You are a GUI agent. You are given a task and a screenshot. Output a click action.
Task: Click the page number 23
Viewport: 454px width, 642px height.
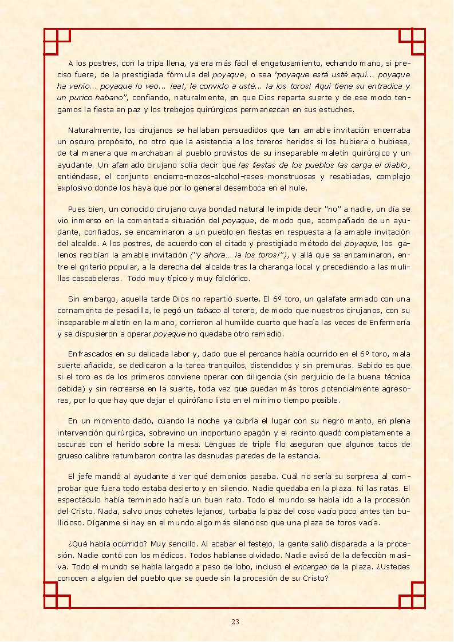[235, 622]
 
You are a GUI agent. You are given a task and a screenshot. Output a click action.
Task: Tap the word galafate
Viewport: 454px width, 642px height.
[335, 299]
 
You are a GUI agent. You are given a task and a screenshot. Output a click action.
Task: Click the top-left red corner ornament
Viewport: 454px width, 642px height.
[57, 42]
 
